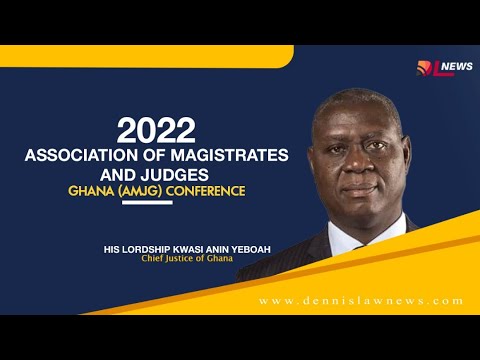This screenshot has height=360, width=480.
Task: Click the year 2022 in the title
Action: (156, 130)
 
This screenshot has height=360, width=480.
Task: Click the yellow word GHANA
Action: (112, 190)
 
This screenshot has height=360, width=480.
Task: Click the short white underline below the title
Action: (146, 202)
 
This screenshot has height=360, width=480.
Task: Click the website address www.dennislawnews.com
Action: (360, 300)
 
